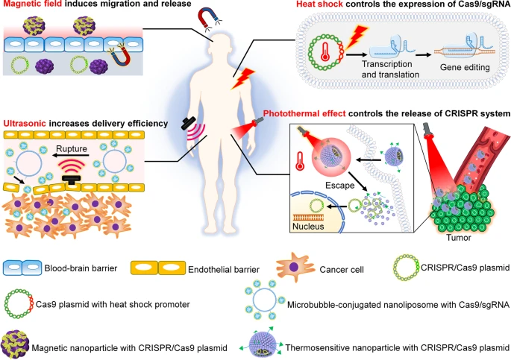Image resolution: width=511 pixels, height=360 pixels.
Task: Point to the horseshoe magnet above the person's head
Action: (206, 16)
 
